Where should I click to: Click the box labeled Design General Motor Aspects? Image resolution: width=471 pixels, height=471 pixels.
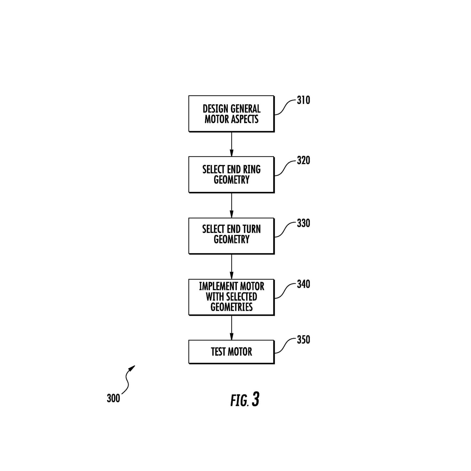[231, 114]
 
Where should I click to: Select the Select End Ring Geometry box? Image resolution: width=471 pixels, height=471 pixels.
[231, 174]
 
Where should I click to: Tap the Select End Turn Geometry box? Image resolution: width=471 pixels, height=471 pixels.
[231, 236]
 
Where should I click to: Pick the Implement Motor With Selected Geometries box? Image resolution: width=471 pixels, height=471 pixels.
[231, 297]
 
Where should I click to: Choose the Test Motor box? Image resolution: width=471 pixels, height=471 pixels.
[231, 352]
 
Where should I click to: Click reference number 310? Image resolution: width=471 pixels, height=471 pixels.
[303, 100]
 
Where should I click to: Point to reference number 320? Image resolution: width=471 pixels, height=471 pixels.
[303, 161]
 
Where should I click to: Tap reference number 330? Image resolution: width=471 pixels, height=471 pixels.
[303, 223]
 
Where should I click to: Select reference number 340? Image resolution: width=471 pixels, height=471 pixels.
[303, 284]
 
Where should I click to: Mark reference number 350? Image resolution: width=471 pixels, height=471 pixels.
[303, 340]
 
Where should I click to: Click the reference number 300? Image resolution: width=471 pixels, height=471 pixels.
[113, 398]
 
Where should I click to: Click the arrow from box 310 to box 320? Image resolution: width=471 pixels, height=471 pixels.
[231, 144]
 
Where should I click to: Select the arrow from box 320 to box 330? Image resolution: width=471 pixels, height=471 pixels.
[231, 205]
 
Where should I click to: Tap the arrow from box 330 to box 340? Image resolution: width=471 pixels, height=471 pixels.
[231, 267]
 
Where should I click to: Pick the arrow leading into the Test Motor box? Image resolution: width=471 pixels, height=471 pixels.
[231, 328]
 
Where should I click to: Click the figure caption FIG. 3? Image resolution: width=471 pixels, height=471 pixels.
[245, 400]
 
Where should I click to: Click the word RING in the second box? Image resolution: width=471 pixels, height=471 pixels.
[251, 169]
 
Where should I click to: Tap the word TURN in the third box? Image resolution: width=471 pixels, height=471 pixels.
[251, 229]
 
